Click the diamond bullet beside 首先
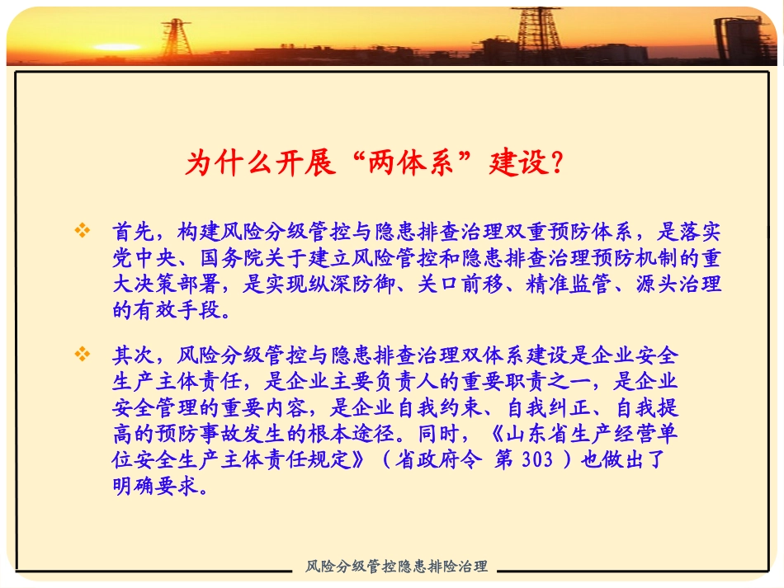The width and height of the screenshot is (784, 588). [82, 230]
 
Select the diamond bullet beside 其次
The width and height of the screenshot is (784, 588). [82, 355]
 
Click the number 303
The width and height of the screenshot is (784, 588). [538, 460]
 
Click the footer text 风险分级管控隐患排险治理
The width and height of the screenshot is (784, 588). [396, 567]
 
